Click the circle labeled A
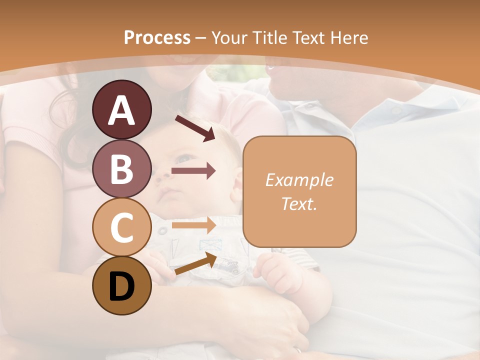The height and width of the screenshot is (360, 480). point(121,109)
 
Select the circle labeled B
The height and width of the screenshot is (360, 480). point(121,168)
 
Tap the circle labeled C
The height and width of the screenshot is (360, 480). point(121,227)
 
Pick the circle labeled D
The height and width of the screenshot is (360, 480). point(121,285)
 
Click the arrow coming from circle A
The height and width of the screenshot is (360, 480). point(194,128)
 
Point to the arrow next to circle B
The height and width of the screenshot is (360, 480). point(193,171)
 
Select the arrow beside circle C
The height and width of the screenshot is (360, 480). point(193,225)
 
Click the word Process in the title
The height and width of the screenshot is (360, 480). point(157,37)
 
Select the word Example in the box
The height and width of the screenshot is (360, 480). point(299,180)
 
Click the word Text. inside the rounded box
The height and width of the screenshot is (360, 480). point(299,203)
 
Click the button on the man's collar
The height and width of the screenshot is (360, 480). point(396,110)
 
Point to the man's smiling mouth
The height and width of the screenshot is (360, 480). point(273,66)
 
